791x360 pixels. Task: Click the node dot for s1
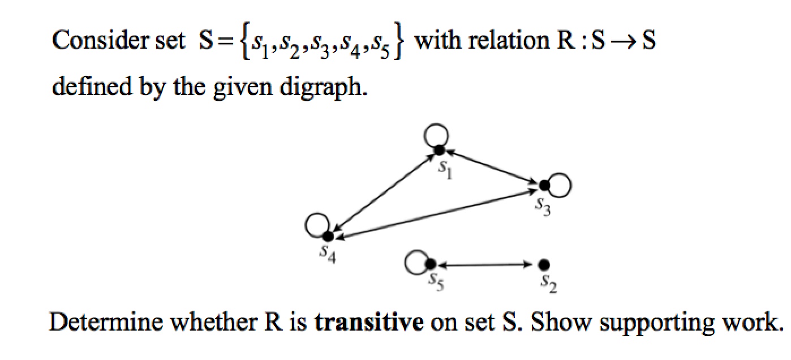click(439, 150)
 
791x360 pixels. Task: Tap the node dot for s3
click(544, 185)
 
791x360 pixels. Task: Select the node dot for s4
click(328, 237)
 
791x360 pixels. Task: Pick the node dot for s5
click(430, 264)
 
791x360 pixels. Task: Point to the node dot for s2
click(544, 264)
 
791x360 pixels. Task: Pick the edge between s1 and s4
click(383, 194)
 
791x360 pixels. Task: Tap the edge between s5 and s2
click(487, 264)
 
